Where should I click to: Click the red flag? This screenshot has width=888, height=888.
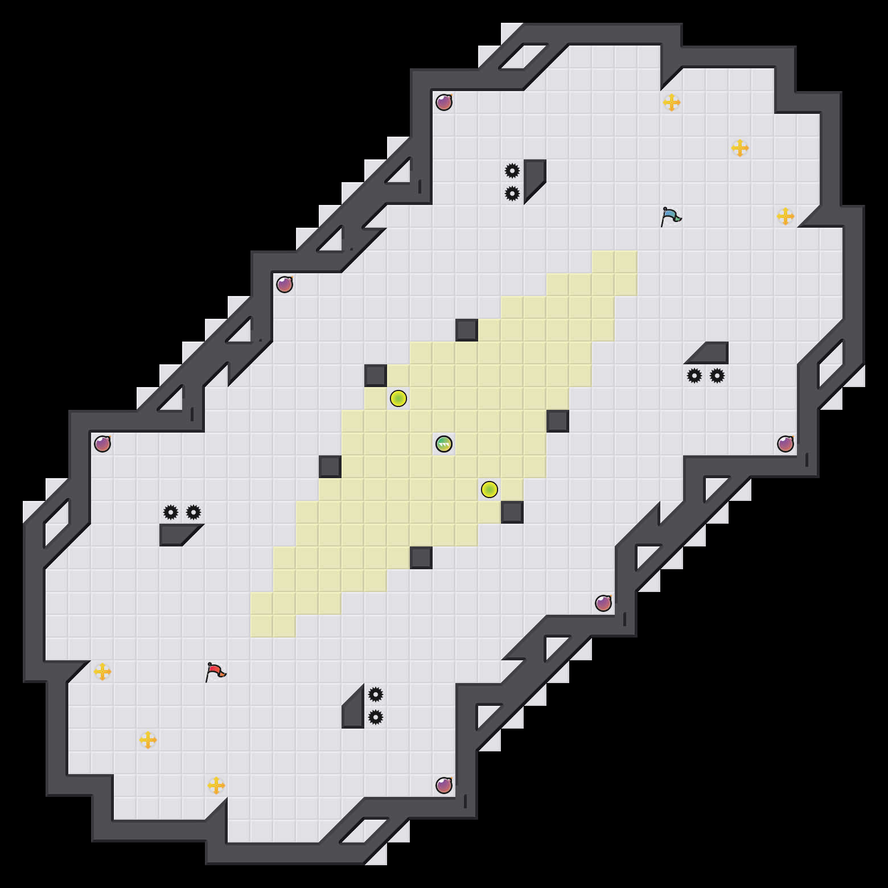(x=215, y=672)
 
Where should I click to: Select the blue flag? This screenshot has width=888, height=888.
(x=671, y=217)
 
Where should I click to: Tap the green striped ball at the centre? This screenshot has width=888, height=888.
(x=444, y=444)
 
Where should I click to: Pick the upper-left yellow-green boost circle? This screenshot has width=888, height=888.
(x=398, y=398)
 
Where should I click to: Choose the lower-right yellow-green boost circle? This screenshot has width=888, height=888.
(x=490, y=490)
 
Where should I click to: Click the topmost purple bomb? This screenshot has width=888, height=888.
(x=444, y=102)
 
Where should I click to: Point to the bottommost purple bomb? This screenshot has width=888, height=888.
(x=444, y=786)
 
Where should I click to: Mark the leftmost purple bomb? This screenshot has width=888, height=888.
(x=102, y=444)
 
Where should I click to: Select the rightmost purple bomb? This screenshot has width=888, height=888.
(x=786, y=444)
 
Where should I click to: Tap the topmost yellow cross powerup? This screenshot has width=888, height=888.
(x=672, y=102)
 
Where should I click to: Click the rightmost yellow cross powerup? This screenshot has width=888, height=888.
(x=786, y=216)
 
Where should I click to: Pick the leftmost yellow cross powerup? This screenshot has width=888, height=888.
(x=102, y=672)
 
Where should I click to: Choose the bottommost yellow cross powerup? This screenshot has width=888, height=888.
(x=216, y=786)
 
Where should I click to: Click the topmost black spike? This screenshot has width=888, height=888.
(x=512, y=171)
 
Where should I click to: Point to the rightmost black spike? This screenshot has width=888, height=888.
(x=717, y=376)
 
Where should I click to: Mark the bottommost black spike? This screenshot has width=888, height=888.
(x=376, y=717)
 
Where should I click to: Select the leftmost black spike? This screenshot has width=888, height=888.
(x=171, y=512)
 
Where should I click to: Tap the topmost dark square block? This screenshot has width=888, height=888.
(x=467, y=330)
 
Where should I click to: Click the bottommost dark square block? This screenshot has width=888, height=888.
(x=421, y=558)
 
